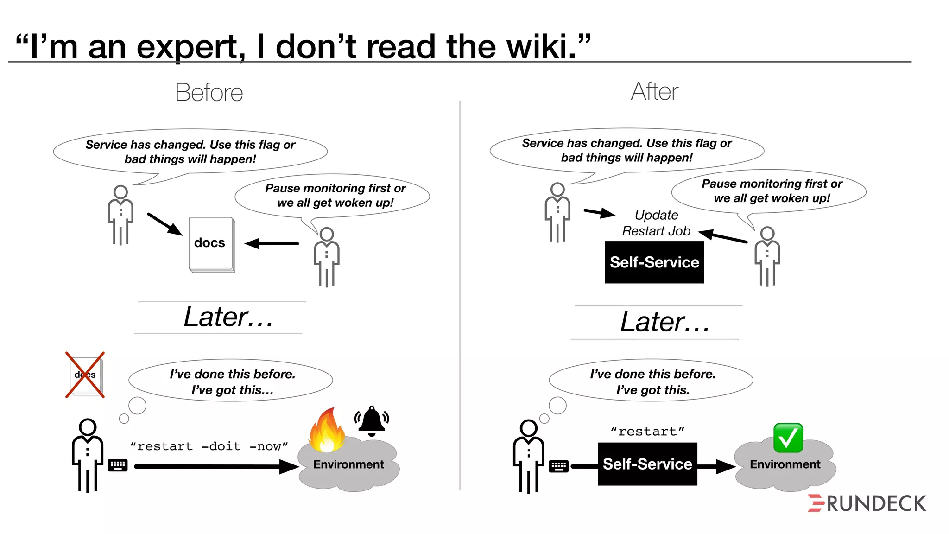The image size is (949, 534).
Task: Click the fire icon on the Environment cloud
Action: tap(327, 430)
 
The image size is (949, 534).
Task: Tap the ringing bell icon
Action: tap(372, 421)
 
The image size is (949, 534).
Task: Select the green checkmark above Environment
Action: tap(788, 438)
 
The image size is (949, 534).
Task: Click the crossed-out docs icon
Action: tap(85, 375)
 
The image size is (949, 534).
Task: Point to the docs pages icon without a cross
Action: tap(211, 244)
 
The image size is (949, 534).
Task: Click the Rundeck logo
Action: tap(867, 503)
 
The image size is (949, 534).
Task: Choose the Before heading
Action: tap(209, 92)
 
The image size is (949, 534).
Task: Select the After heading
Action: tap(654, 91)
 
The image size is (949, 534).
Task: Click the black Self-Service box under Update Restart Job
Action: tap(654, 262)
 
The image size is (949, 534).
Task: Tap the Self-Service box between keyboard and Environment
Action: tap(647, 464)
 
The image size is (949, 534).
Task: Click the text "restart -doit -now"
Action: tap(209, 446)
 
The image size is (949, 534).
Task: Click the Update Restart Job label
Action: tap(656, 223)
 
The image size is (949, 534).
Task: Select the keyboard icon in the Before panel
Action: tap(118, 465)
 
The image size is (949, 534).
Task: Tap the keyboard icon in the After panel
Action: tap(558, 466)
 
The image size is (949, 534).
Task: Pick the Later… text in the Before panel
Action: tap(228, 317)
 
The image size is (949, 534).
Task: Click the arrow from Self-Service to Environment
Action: tap(716, 466)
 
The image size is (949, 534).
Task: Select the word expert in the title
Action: tap(190, 48)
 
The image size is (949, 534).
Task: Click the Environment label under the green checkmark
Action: tap(785, 464)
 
